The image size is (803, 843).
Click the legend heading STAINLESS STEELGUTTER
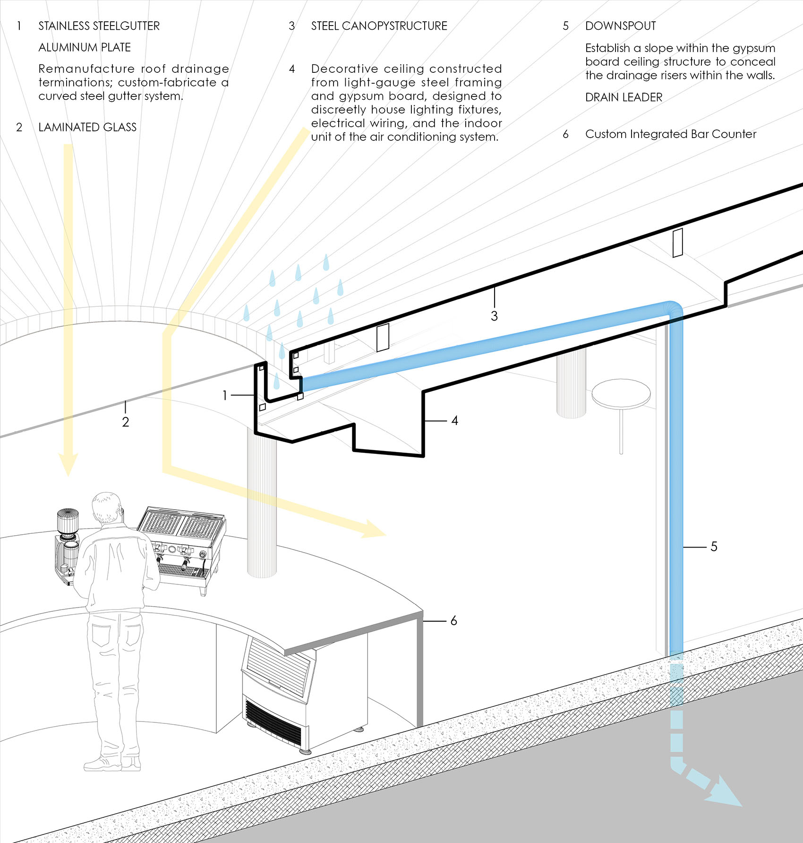(99, 26)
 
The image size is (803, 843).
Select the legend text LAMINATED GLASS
(87, 127)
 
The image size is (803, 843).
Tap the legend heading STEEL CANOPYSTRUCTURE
(379, 26)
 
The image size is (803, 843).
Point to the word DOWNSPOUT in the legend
(620, 26)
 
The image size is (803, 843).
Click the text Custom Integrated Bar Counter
(670, 134)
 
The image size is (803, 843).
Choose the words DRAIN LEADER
(624, 97)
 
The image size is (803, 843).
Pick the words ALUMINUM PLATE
(85, 47)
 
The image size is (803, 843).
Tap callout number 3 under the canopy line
(494, 316)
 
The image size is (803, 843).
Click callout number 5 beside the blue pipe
(714, 547)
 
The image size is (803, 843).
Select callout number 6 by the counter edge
(453, 620)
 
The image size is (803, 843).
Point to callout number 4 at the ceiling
(454, 420)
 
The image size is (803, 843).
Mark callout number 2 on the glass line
(125, 422)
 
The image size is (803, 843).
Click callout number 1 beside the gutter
(225, 395)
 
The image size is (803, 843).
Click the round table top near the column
(621, 393)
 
